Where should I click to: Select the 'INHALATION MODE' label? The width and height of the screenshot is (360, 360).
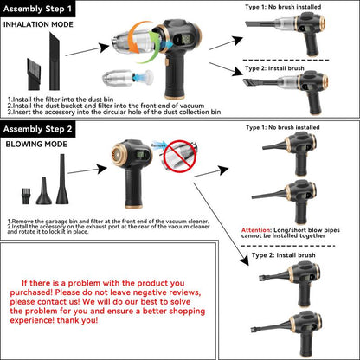coord(38,25)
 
